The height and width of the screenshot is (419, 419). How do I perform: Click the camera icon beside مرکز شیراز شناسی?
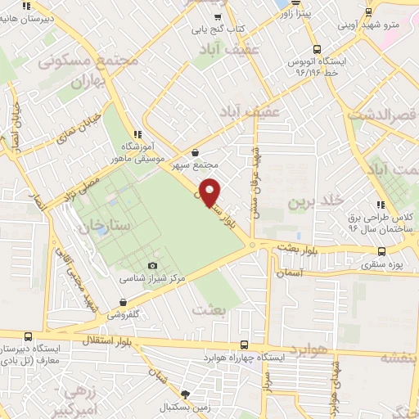click(x=153, y=265)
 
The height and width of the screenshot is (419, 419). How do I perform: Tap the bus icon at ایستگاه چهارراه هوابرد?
click(x=242, y=346)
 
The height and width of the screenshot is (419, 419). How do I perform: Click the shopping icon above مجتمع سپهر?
click(x=196, y=152)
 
